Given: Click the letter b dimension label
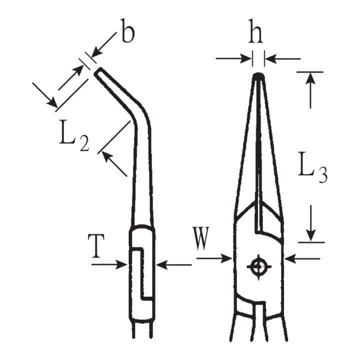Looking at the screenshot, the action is coord(127,31).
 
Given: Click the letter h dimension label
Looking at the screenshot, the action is coord(255,31).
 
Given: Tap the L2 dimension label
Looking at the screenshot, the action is coord(74,136).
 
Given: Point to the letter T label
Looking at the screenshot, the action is coord(96,246).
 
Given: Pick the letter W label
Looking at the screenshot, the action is coord(200,238).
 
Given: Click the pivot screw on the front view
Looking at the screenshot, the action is coord(259,267).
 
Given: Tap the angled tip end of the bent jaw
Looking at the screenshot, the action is coord(97,71).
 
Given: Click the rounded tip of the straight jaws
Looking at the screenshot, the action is coord(259,76).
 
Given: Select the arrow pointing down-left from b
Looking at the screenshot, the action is coord(103,45).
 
